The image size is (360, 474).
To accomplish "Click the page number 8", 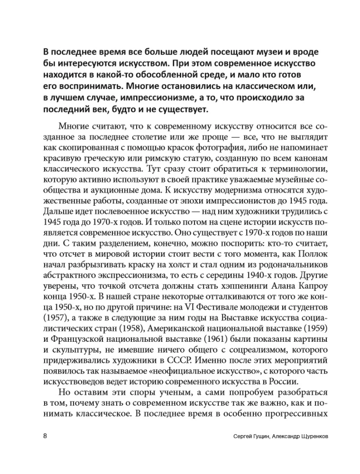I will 44,436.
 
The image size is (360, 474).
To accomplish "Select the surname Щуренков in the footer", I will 302,436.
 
